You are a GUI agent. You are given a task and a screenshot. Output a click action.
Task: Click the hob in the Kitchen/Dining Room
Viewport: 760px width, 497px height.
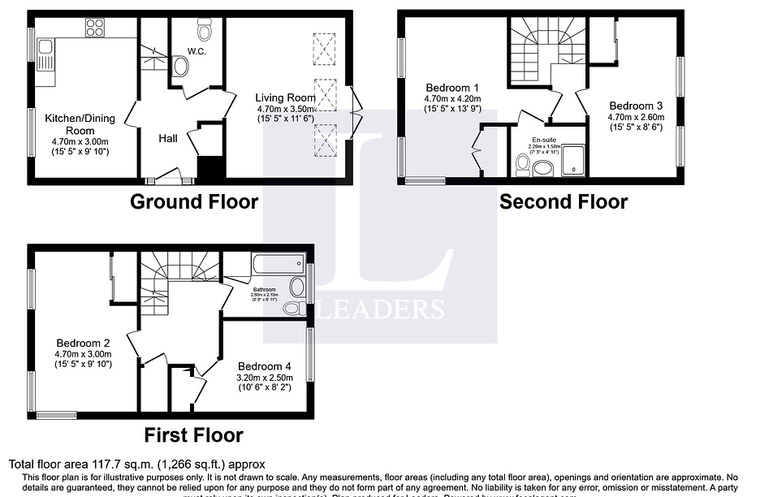click(x=95, y=28)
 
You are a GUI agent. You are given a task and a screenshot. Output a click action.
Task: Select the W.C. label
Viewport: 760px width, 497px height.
click(x=196, y=51)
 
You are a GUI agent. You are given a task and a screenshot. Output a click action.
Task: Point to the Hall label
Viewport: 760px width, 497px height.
click(x=168, y=139)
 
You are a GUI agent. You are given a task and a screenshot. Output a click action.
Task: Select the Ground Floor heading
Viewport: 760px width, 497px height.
click(x=194, y=201)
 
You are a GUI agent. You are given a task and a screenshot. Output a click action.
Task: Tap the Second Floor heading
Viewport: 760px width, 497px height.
click(x=563, y=201)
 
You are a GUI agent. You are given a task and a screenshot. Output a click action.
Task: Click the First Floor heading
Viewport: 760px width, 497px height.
click(x=193, y=435)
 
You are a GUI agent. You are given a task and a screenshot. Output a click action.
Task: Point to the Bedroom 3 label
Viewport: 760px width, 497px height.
click(x=636, y=106)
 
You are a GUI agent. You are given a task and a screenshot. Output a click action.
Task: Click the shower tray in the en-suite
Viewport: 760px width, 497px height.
click(x=573, y=160)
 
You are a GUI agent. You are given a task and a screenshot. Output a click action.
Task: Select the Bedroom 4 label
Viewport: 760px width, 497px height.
click(x=264, y=365)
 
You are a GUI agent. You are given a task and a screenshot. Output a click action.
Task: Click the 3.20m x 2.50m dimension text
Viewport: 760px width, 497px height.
click(x=264, y=377)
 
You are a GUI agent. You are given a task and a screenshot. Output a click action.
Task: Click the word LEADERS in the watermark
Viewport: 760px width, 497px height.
click(x=391, y=309)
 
